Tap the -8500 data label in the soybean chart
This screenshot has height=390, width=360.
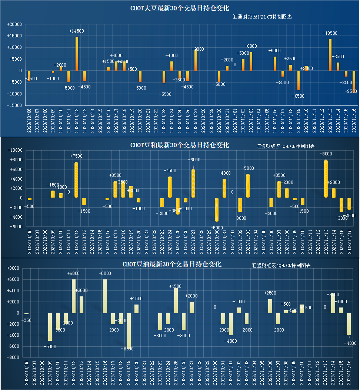[298, 96]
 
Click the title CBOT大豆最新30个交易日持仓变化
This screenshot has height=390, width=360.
[180, 8]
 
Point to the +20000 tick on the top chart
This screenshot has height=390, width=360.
[14, 24]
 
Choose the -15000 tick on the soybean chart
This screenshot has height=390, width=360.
[14, 105]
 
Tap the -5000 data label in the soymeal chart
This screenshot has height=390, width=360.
[217, 228]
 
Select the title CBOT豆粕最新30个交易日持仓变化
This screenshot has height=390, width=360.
[180, 145]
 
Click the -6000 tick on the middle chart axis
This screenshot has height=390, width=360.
[16, 227]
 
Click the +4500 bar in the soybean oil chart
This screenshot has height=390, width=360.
[176, 300]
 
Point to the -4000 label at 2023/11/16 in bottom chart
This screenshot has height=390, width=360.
[350, 343]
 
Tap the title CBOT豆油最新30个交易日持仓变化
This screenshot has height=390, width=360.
[172, 264]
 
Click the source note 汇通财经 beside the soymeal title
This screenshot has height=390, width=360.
[285, 146]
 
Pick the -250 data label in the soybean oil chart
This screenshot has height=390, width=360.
[26, 320]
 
